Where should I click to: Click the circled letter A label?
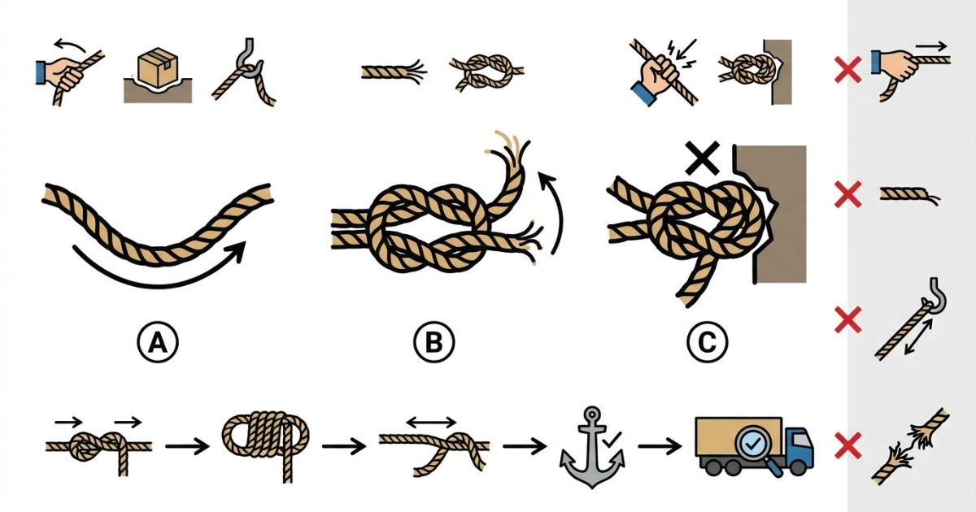(x=158, y=343)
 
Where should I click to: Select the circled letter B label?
(x=434, y=342)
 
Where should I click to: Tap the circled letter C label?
(x=707, y=342)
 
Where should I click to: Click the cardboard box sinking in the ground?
(x=158, y=67)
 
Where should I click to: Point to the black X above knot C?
(x=703, y=158)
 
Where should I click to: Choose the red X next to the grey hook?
(x=847, y=319)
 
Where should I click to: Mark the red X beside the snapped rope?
(x=847, y=446)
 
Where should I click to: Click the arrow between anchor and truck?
(x=660, y=446)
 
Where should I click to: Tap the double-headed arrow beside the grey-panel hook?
(x=918, y=337)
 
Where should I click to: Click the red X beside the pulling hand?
(x=847, y=70)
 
